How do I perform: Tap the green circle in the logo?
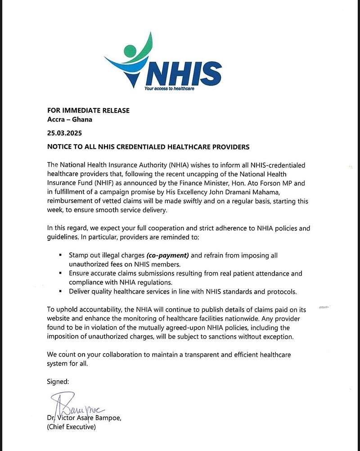(130, 50)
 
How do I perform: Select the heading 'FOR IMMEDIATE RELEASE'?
(88, 111)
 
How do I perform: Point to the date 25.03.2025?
(65, 134)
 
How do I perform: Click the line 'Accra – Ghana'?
(69, 119)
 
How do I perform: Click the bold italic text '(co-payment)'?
(166, 255)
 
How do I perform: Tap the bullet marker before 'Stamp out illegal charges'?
(61, 255)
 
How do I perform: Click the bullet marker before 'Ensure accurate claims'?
(61, 273)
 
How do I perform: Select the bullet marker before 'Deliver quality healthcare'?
(61, 291)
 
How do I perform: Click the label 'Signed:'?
(58, 382)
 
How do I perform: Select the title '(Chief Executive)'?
(72, 427)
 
